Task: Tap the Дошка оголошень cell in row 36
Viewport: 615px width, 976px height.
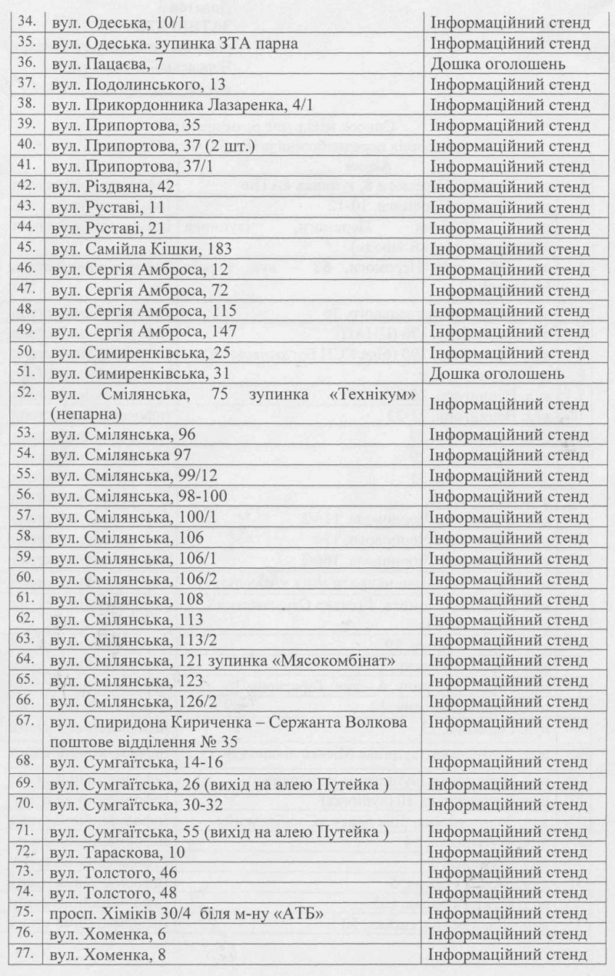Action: pos(498,65)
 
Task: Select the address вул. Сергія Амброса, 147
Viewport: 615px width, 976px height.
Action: pos(144,332)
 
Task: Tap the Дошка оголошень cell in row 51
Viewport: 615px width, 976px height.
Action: pos(498,373)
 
